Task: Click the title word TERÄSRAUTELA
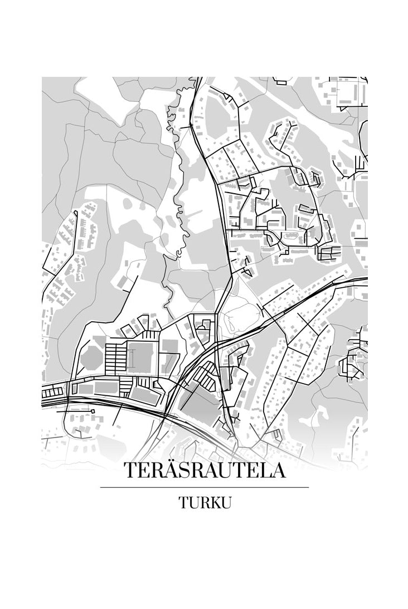point(204,470)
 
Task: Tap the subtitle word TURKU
point(205,503)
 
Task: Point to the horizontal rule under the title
point(204,488)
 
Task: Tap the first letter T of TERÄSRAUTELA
point(131,470)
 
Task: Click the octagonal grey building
point(91,357)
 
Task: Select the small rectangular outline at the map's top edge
point(280,81)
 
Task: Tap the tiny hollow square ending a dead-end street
point(93,411)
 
